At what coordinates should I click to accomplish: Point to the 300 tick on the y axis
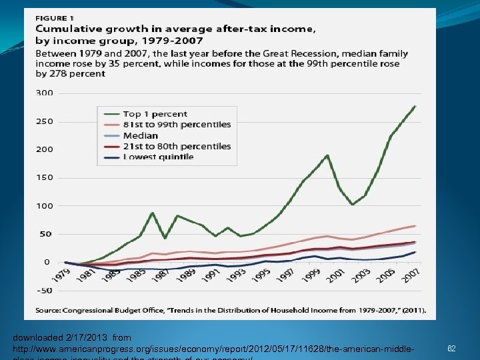44,93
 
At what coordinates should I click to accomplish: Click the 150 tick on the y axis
44,177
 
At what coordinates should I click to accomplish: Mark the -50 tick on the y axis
44,290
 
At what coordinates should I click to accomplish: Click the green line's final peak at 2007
415,106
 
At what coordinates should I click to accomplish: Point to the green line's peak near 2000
327,155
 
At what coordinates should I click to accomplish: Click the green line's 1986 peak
153,213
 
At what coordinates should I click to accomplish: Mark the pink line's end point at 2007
415,225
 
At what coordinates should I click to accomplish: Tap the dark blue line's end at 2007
415,252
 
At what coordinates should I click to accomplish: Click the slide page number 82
451,349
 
